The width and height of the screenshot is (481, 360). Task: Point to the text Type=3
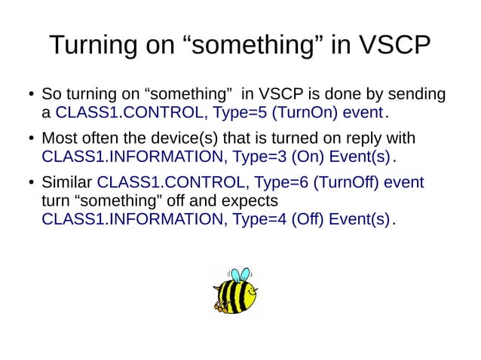pyautogui.click(x=258, y=157)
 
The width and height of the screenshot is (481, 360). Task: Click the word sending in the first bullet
pyautogui.click(x=417, y=96)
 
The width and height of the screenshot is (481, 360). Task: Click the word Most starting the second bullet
pyautogui.click(x=58, y=139)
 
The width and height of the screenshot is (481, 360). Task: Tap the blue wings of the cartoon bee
pyautogui.click(x=240, y=275)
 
